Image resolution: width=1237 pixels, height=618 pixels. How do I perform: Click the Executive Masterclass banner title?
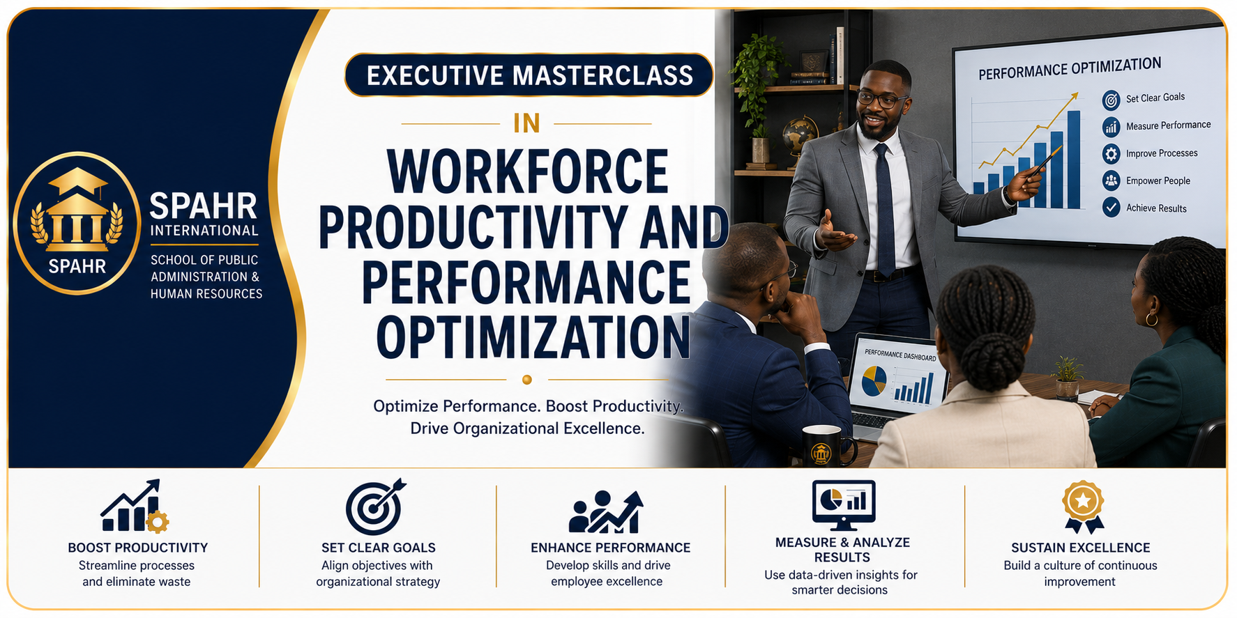click(x=529, y=75)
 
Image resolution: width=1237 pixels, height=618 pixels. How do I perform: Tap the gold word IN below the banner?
click(x=526, y=123)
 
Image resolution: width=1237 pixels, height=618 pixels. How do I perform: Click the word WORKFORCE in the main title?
click(x=528, y=171)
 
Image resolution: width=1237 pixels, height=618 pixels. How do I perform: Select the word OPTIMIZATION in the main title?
click(x=533, y=337)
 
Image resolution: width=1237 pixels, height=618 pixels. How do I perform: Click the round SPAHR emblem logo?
click(x=77, y=223)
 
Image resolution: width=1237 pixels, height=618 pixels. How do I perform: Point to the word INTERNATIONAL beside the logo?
click(x=204, y=231)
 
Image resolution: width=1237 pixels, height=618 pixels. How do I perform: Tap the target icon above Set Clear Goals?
click(x=375, y=507)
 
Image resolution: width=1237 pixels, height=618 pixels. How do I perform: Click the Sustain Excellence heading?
click(x=1081, y=548)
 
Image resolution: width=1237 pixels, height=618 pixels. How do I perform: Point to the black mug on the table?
click(x=827, y=447)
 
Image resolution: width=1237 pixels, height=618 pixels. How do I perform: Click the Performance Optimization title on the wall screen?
click(x=1070, y=68)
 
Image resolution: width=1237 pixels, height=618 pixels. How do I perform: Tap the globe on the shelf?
click(x=800, y=134)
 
